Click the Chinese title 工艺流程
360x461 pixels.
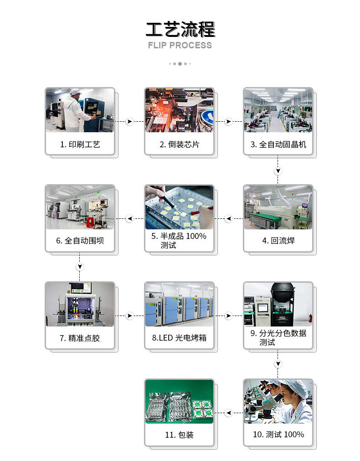point(180,29)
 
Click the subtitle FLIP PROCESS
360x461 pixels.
point(180,45)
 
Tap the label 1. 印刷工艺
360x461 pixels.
point(80,145)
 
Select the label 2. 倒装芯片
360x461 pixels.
point(179,145)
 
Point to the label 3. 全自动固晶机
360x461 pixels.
point(278,145)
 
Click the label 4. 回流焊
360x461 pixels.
point(278,240)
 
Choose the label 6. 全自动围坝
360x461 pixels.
point(80,240)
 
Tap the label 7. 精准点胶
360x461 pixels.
point(80,338)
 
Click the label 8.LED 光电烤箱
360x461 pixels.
point(179,338)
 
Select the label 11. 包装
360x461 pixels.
point(179,435)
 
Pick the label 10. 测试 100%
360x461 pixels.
point(278,435)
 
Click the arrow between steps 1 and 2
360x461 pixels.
point(129,121)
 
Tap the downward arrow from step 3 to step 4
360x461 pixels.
point(278,171)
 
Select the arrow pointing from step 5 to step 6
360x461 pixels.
point(129,218)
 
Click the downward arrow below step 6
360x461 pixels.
point(80,267)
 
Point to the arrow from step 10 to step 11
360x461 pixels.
point(229,413)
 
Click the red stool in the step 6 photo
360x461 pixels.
point(90,222)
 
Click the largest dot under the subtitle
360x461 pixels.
point(180,64)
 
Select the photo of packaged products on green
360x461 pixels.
point(179,402)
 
